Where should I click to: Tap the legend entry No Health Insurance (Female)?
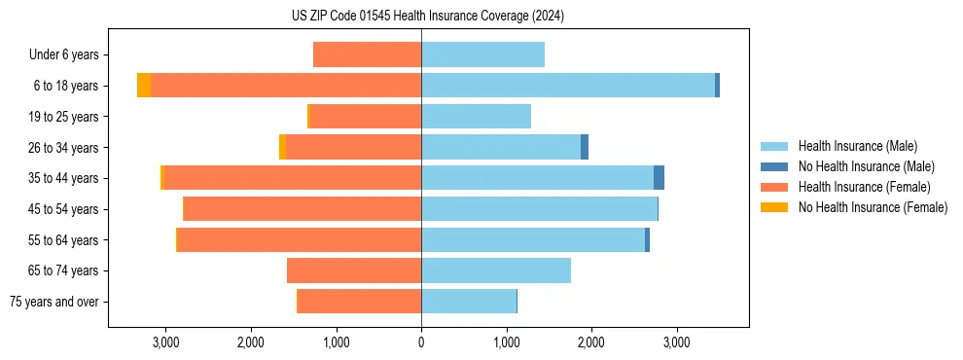click(x=873, y=207)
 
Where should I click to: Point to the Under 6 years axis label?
click(x=63, y=55)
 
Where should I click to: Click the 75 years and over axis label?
click(x=53, y=302)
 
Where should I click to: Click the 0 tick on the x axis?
click(x=421, y=342)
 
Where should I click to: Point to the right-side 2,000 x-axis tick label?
click(x=591, y=342)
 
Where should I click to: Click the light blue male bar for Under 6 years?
click(x=482, y=55)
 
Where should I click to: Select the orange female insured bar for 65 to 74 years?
click(x=354, y=270)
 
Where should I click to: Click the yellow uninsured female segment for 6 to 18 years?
click(x=144, y=86)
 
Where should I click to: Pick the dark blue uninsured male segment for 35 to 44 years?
click(x=659, y=178)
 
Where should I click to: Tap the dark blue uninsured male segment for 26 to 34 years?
click(x=585, y=147)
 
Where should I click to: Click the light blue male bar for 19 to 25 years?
click(x=476, y=117)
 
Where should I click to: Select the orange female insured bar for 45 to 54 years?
click(x=303, y=209)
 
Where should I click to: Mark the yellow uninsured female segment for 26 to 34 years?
click(x=282, y=147)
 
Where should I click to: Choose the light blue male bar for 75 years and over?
click(x=469, y=302)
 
